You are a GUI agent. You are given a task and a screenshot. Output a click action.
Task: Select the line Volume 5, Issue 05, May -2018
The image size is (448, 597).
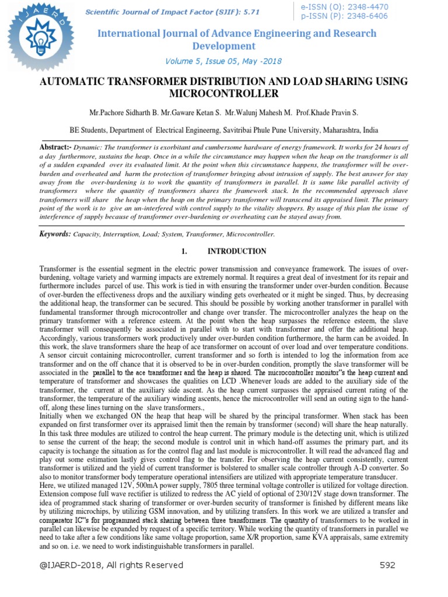pyautogui.click(x=224, y=60)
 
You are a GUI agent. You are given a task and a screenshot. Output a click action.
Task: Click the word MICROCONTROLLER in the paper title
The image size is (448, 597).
pyautogui.click(x=224, y=93)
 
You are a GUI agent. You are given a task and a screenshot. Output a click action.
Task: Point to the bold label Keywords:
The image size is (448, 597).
pyautogui.click(x=55, y=234)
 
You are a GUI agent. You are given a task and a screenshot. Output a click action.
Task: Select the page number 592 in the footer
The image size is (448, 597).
pyautogui.click(x=388, y=565)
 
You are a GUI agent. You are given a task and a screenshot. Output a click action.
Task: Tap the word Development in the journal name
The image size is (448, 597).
pyautogui.click(x=224, y=46)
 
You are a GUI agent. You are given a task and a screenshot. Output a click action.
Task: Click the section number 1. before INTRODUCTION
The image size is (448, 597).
pyautogui.click(x=184, y=251)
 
